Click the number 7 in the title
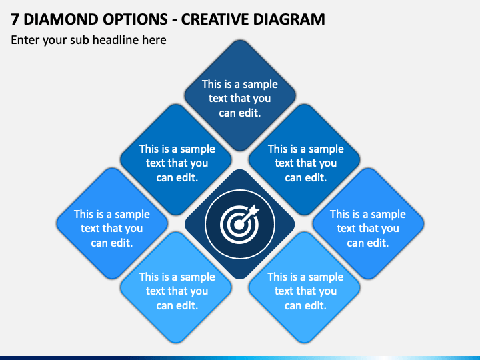coord(15,19)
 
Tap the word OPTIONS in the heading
coord(135,19)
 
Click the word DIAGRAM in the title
coord(289,19)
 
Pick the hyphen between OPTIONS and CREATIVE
coord(175,20)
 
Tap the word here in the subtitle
coord(154,40)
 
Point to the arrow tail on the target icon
coord(255,210)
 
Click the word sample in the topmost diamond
coord(260,85)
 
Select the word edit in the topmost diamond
coord(249,113)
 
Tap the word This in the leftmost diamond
coord(84,214)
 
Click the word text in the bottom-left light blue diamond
coord(155,291)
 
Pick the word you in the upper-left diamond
coord(199,164)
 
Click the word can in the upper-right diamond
coord(293,178)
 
